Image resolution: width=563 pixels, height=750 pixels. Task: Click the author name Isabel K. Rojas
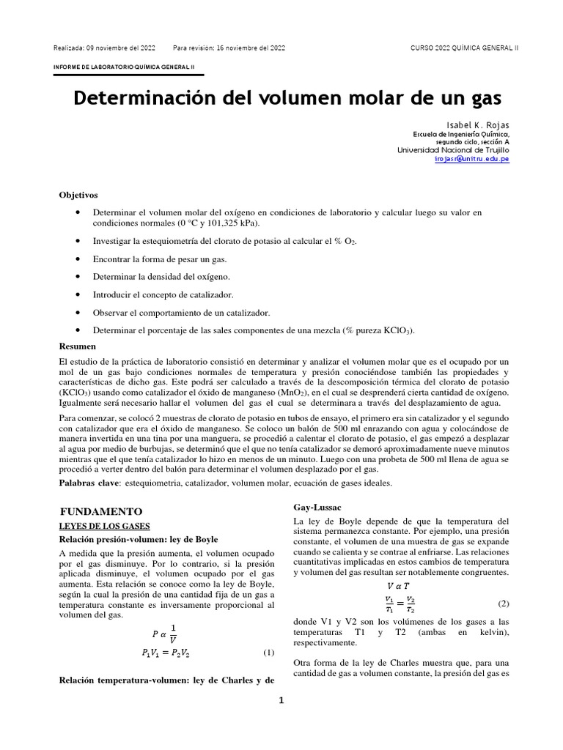click(478, 125)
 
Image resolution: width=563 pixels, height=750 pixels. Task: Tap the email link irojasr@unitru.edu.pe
click(471, 158)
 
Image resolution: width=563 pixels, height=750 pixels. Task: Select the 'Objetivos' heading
click(78, 195)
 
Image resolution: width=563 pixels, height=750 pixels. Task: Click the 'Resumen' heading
click(77, 346)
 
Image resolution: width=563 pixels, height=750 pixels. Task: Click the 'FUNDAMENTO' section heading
click(100, 511)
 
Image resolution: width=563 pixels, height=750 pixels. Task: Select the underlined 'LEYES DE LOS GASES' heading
click(104, 526)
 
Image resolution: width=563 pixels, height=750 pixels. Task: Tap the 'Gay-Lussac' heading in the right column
click(317, 507)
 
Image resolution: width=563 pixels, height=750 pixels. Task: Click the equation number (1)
click(268, 653)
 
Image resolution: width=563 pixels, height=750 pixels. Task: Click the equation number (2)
click(503, 604)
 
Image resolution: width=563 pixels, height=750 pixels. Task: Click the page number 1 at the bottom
click(281, 700)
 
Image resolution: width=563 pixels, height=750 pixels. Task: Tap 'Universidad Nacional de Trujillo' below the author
click(453, 149)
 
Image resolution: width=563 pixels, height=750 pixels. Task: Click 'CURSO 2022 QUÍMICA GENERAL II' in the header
click(465, 48)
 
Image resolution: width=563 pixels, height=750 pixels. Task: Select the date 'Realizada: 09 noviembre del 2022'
click(104, 48)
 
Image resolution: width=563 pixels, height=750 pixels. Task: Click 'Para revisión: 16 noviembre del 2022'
click(229, 48)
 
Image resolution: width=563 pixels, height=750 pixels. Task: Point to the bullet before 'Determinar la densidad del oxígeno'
click(77, 276)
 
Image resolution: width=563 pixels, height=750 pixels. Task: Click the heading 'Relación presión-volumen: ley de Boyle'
click(139, 539)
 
